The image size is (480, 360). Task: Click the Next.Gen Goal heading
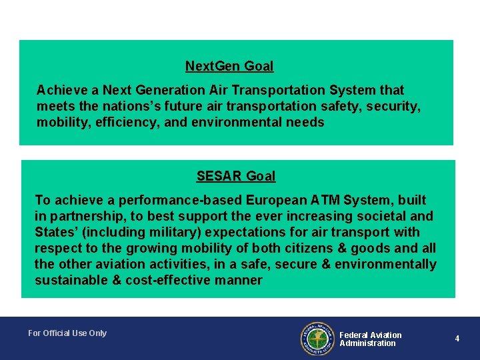coord(229,66)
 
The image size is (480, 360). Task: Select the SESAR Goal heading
coord(235,176)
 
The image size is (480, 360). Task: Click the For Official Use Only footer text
coord(67,333)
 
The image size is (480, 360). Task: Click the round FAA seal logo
coord(317,339)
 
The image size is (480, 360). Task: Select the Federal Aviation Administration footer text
coord(370,339)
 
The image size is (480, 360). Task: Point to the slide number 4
coord(457,339)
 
